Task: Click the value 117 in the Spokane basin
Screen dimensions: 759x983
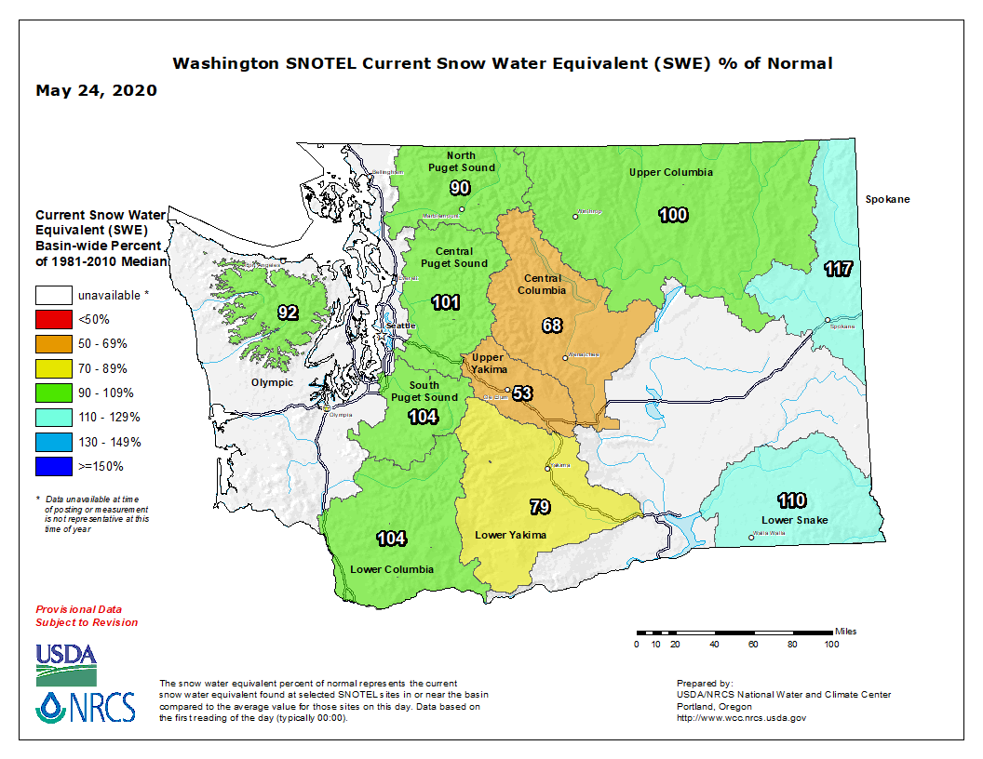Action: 838,270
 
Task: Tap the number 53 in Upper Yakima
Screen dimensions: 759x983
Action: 522,393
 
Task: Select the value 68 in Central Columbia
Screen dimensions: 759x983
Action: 552,326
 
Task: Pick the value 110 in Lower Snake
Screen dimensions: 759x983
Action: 792,501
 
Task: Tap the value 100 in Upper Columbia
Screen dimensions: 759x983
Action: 673,215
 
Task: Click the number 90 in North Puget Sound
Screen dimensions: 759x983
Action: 460,188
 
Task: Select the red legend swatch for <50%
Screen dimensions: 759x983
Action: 54,319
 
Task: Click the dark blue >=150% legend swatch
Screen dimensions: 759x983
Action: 54,466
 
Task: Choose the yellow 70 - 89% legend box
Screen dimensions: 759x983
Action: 54,368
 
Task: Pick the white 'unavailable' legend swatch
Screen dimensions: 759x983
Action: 54,295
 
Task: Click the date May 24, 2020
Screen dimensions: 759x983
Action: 96,91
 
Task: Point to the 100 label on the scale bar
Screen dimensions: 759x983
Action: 831,644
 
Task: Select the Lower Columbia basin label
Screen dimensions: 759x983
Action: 392,569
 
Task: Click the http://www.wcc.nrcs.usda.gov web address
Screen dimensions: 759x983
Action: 741,718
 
